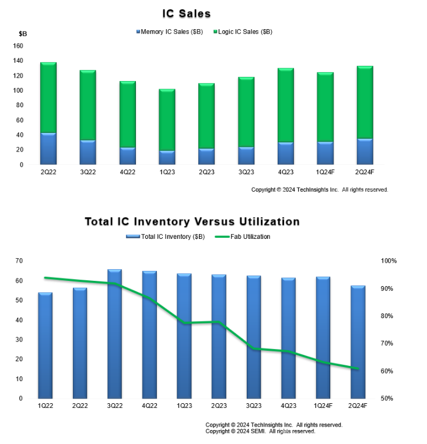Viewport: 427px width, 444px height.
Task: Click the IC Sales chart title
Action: click(x=187, y=13)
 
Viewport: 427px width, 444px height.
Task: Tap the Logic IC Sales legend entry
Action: click(x=244, y=31)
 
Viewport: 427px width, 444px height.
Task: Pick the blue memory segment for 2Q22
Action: click(x=48, y=149)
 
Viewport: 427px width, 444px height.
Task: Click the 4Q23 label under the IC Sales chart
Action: click(x=285, y=172)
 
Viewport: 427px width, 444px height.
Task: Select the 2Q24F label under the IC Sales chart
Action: click(x=365, y=172)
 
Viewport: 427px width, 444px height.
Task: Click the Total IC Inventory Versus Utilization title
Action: click(x=192, y=222)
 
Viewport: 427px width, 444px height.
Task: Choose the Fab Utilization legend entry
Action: click(x=243, y=237)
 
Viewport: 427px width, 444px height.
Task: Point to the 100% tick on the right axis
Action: click(x=388, y=261)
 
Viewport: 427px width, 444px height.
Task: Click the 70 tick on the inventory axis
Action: click(x=19, y=261)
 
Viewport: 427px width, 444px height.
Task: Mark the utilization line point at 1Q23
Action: click(x=184, y=323)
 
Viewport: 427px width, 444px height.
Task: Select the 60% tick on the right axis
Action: click(x=387, y=371)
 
